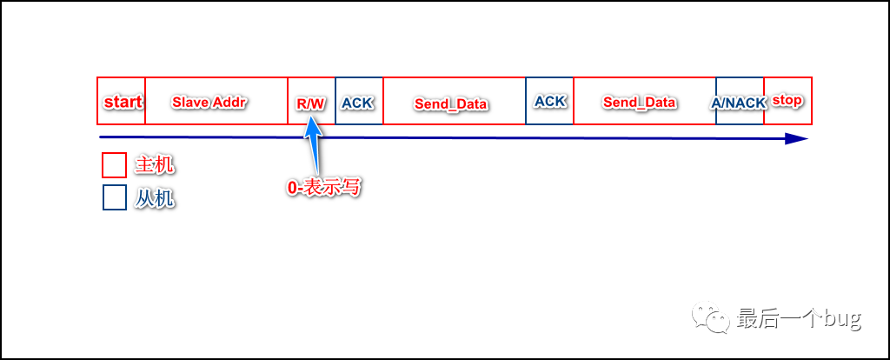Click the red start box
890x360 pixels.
coord(121,102)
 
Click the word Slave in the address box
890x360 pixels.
coord(190,102)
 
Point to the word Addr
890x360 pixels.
coord(230,102)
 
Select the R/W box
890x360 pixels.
coord(310,103)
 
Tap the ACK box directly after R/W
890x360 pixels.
coord(358,103)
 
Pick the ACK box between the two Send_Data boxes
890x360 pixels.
coord(549,101)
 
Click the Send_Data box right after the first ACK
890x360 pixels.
coord(452,103)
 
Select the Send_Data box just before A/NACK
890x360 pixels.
coord(640,102)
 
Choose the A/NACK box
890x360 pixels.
coord(739,103)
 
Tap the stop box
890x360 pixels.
coord(787,101)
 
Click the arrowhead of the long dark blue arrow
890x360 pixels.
coord(795,139)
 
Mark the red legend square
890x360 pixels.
coord(115,165)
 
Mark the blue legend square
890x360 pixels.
coord(115,198)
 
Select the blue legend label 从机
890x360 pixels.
coord(155,198)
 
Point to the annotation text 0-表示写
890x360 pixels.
coord(323,187)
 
